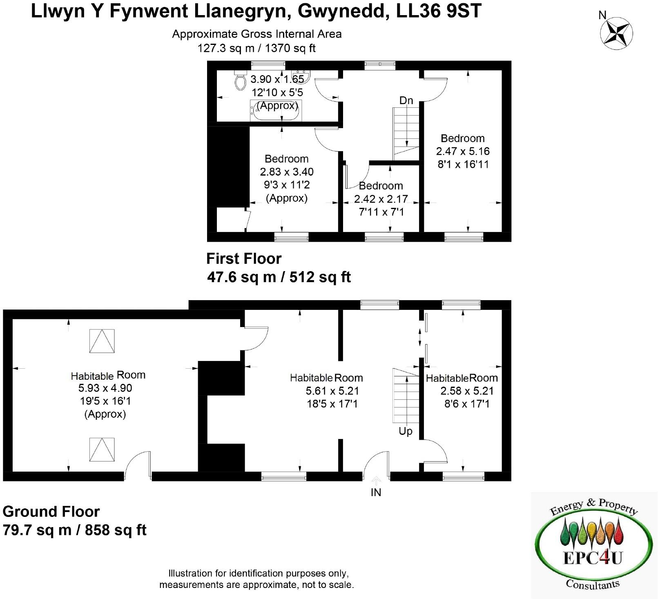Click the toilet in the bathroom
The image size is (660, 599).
point(240,81)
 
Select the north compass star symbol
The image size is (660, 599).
point(616,33)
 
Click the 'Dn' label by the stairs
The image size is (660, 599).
point(406,100)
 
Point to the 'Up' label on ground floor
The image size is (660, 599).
point(406,431)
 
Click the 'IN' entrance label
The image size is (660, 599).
point(376,492)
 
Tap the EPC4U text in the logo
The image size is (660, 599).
point(592,558)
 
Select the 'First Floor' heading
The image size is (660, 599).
point(244,258)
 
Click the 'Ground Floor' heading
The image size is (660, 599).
point(51,511)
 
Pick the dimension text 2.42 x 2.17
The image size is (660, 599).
point(381,199)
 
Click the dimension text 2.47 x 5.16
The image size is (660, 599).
point(463,151)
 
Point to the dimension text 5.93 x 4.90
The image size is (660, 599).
point(105,388)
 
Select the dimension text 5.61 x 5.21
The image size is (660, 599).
point(332,391)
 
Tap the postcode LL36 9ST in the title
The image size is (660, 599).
point(439,11)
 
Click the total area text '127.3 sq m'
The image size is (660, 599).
point(225,48)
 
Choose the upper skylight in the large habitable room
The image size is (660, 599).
point(102,341)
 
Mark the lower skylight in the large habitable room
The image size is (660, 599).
point(102,450)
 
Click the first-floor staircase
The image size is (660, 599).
point(406,133)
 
